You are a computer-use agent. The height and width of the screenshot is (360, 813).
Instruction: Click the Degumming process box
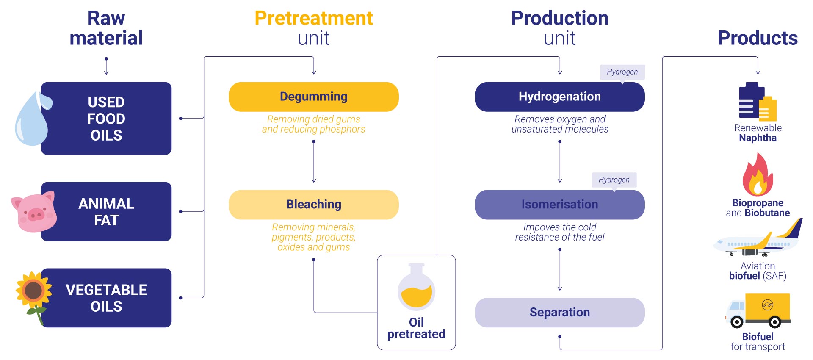(313, 97)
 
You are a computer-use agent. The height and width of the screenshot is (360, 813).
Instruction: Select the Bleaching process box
(313, 205)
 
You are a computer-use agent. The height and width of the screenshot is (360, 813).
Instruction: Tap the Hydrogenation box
(560, 97)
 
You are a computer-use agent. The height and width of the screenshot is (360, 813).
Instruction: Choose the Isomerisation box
(560, 205)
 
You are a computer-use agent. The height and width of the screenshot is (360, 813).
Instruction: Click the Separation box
(560, 313)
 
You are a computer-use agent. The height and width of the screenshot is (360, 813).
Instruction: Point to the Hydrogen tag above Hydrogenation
(622, 72)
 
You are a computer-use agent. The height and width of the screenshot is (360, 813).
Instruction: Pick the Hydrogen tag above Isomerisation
(614, 180)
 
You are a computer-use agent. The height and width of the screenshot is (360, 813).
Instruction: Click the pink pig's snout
(36, 215)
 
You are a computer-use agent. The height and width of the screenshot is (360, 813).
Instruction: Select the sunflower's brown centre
(33, 291)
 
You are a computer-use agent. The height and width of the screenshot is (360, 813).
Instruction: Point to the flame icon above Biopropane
(758, 174)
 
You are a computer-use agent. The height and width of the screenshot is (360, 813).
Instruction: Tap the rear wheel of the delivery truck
(774, 322)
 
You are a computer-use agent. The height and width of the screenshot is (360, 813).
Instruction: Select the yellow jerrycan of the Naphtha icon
(767, 109)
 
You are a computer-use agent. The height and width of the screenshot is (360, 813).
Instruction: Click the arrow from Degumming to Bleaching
(314, 162)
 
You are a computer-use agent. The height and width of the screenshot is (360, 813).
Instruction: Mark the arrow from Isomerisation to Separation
(560, 270)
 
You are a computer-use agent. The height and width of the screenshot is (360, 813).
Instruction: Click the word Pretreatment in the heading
(314, 19)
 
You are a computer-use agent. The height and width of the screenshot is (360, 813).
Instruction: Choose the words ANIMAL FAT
(106, 212)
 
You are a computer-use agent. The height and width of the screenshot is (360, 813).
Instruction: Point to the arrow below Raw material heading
(106, 66)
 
